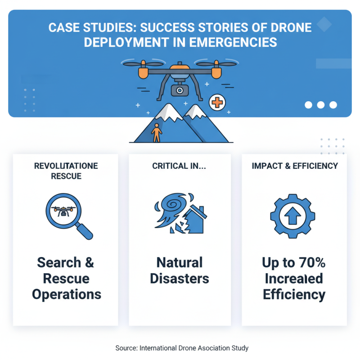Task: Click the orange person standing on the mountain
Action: (x=156, y=132)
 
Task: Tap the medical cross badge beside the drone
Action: (x=217, y=103)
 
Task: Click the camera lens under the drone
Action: (x=180, y=90)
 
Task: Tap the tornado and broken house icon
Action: (x=180, y=213)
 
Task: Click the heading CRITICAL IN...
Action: (x=180, y=166)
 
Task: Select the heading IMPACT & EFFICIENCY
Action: (x=295, y=166)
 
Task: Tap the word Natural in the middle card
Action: (x=180, y=262)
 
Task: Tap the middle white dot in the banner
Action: (x=321, y=105)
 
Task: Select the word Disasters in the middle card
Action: (x=180, y=279)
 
